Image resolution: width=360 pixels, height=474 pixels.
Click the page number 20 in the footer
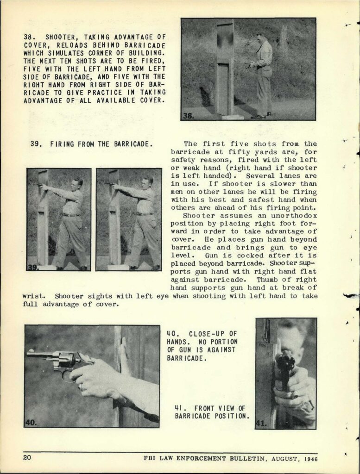click(27, 458)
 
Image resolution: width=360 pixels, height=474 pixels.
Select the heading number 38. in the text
click(30, 37)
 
